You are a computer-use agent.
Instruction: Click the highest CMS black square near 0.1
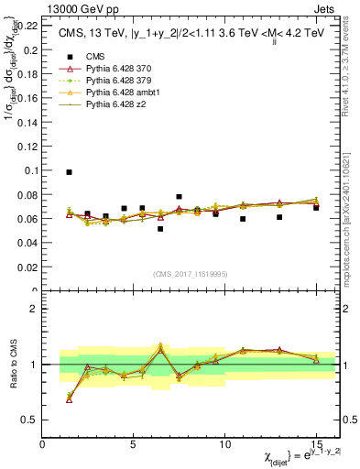[x=70, y=172]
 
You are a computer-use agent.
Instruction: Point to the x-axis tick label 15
[x=316, y=443]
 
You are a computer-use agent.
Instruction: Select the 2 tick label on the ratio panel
[x=35, y=309]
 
